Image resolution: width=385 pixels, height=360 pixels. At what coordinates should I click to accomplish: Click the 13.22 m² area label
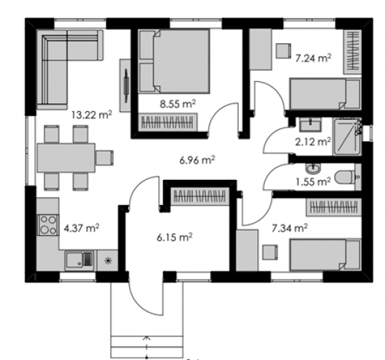pyautogui.click(x=92, y=115)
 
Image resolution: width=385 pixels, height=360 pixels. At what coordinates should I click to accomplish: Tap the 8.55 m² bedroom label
pyautogui.click(x=178, y=104)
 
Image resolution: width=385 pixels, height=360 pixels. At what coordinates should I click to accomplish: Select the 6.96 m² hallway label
pyautogui.click(x=197, y=160)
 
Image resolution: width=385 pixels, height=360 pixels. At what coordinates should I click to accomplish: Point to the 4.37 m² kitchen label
pyautogui.click(x=82, y=228)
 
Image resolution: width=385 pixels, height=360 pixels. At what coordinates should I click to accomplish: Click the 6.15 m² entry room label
pyautogui.click(x=174, y=237)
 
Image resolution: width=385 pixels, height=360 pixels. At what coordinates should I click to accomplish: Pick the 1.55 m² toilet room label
pyautogui.click(x=313, y=182)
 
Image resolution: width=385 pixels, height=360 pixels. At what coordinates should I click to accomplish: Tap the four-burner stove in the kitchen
pyautogui.click(x=48, y=225)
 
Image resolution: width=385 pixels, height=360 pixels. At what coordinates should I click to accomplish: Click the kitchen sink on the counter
pyautogui.click(x=79, y=260)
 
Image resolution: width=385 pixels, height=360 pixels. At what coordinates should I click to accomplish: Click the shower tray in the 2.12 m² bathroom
pyautogui.click(x=347, y=136)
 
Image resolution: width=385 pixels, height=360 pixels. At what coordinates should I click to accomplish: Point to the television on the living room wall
pyautogui.click(x=126, y=85)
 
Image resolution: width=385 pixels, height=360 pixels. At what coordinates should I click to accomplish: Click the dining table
pyautogui.click(x=66, y=158)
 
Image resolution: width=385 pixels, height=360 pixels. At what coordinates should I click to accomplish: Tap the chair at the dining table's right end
pyautogui.click(x=105, y=158)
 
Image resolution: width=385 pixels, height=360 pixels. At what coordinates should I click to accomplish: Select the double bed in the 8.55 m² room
pyautogui.click(x=174, y=62)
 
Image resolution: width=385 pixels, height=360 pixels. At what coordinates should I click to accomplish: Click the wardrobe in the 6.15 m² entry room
pyautogui.click(x=199, y=196)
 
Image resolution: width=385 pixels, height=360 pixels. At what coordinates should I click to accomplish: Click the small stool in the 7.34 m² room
pyautogui.click(x=270, y=252)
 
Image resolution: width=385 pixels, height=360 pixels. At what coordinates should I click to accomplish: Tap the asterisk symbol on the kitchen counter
pyautogui.click(x=108, y=260)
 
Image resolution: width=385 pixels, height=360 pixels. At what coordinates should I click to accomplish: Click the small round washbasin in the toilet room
pyautogui.click(x=313, y=169)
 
